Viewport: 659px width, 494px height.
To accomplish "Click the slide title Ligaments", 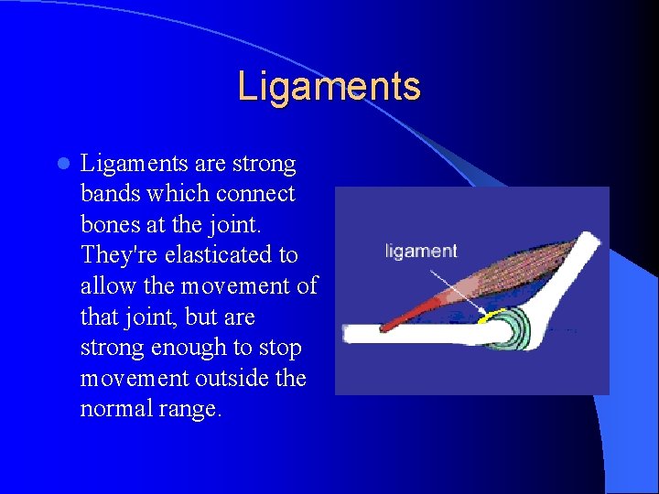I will pyautogui.click(x=329, y=87).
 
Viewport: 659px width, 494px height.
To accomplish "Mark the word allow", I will pyautogui.click(x=108, y=286).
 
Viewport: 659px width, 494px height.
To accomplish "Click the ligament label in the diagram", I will pyautogui.click(x=420, y=251).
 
